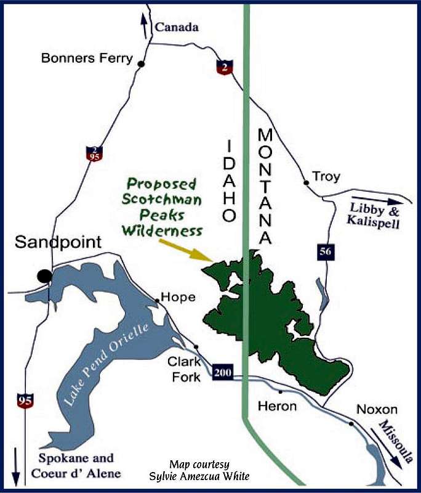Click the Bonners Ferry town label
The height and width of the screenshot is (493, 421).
[86, 59]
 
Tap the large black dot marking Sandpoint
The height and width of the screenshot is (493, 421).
[44, 276]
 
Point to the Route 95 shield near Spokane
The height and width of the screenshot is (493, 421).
[25, 402]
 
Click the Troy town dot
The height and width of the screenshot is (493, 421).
[306, 182]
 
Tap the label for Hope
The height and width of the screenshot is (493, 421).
[182, 297]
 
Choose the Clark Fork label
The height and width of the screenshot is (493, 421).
[184, 370]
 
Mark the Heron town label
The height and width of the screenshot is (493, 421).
[277, 406]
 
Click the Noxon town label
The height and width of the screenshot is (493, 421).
[377, 409]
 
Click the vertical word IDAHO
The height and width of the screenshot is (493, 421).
[228, 181]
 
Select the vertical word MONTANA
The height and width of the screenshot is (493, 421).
[265, 185]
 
